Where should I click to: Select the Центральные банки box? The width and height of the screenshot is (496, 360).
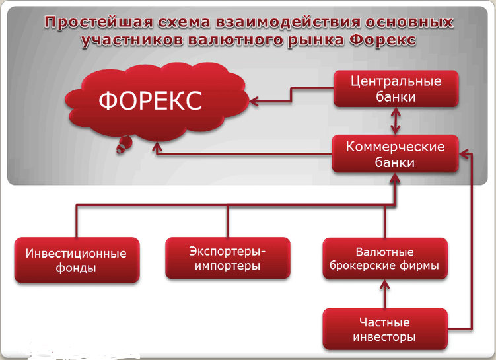tap(396, 89)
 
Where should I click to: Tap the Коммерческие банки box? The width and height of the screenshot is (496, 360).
tap(396, 154)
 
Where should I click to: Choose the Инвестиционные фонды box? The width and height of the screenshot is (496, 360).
tap(77, 260)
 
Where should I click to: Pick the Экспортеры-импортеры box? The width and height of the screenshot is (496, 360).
tap(227, 258)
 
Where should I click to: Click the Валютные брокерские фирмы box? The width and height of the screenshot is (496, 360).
tap(384, 260)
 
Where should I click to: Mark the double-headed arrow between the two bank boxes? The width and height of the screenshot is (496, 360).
tap(396, 122)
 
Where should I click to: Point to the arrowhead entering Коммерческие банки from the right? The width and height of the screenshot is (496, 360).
tap(465, 154)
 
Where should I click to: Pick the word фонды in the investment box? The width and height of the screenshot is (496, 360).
tap(77, 268)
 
